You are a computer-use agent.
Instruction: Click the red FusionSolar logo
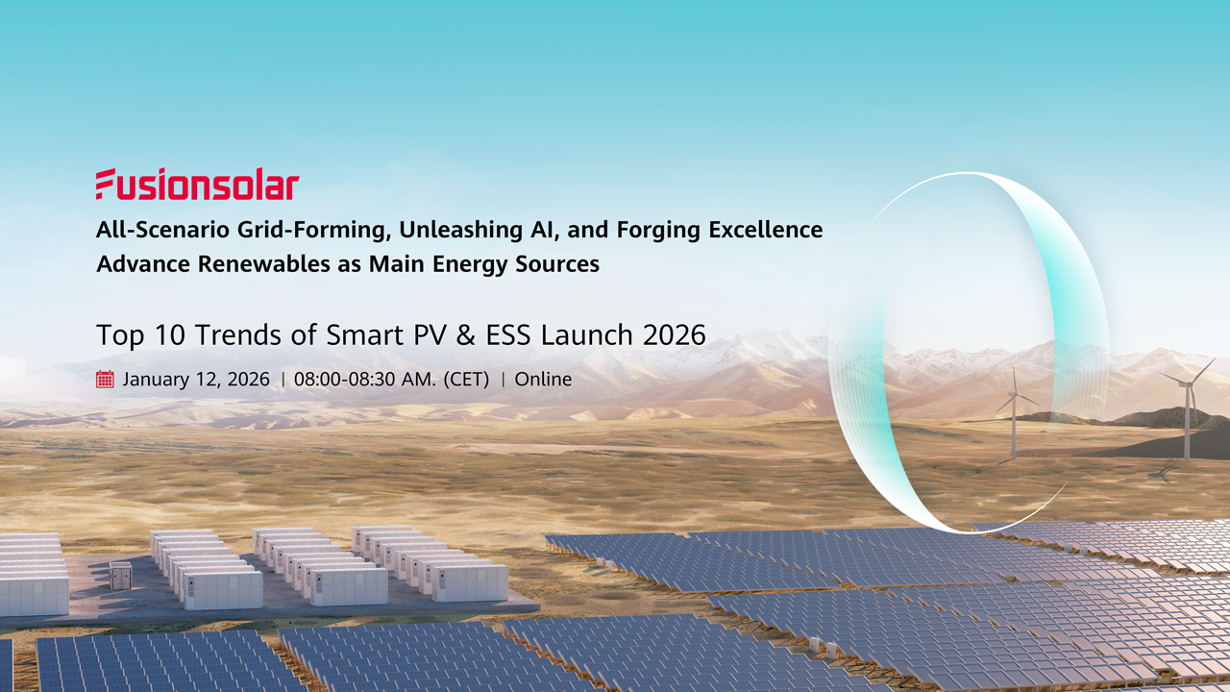click(x=197, y=184)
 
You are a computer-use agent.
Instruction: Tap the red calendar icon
click(x=106, y=379)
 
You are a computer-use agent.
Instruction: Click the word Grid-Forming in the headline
click(x=309, y=231)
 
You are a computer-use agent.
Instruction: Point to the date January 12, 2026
click(x=196, y=379)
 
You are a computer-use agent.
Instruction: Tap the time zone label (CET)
click(x=466, y=379)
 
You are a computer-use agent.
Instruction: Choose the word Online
click(x=543, y=379)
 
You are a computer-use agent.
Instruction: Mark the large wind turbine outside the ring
click(x=1188, y=408)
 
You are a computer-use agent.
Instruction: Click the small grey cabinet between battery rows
click(x=120, y=576)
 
